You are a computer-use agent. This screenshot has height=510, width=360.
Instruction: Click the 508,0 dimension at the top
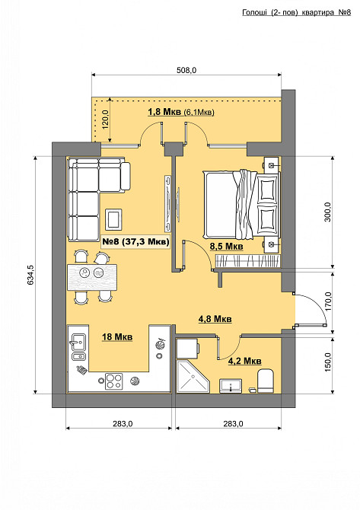tap(186, 70)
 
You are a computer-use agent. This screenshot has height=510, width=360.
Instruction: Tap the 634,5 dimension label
tap(30, 275)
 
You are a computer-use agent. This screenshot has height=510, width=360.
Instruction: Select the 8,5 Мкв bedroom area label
tap(226, 247)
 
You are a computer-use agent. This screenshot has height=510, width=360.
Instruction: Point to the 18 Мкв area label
tap(117, 337)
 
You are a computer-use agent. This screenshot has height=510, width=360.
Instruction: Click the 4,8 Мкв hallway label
tap(215, 319)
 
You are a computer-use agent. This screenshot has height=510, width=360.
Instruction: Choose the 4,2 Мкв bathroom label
tap(244, 361)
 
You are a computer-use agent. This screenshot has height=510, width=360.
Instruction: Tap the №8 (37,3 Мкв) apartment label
tap(135, 241)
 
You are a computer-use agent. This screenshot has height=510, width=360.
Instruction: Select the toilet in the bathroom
tap(266, 381)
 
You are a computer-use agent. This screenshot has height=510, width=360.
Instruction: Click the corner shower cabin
tap(193, 376)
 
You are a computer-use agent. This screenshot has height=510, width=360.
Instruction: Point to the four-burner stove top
tap(114, 381)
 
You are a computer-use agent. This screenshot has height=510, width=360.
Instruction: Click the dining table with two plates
tap(92, 277)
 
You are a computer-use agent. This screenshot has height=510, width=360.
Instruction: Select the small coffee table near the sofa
tap(113, 219)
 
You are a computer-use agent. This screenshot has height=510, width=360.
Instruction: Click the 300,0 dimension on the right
tap(327, 212)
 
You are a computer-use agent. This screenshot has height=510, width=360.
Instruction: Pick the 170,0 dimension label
tap(328, 301)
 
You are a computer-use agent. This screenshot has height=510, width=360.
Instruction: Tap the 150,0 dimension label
tap(328, 362)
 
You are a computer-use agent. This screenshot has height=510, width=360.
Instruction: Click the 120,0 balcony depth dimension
tap(106, 120)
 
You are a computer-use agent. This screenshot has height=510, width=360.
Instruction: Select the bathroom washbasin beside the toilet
tap(231, 386)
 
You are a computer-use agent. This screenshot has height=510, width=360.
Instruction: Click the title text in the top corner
tap(297, 13)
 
